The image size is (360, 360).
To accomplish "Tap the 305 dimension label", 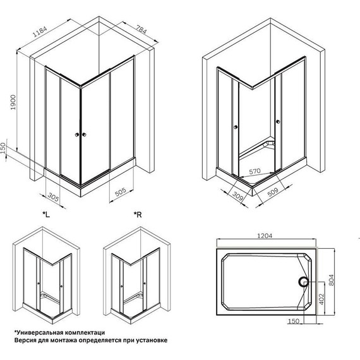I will (55, 198).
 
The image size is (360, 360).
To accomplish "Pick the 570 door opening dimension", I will (255, 169).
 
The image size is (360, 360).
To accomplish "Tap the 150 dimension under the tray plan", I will (292, 321).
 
